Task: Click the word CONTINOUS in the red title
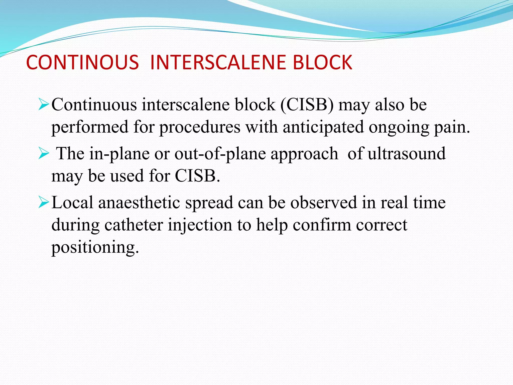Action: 82,62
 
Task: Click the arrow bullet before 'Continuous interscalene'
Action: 44,105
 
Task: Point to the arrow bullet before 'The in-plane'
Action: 44,154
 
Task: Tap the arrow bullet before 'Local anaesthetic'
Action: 44,203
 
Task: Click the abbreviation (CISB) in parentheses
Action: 307,105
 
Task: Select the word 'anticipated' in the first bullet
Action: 323,127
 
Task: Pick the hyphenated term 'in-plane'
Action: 119,154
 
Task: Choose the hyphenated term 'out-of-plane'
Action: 220,154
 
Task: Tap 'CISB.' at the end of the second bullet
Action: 197,176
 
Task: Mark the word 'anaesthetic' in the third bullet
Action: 139,203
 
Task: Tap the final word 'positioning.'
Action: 95,247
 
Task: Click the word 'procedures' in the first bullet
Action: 200,127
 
